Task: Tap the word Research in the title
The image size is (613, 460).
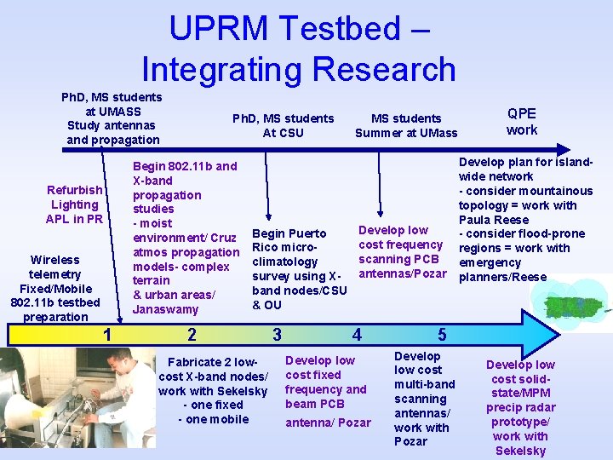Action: [384, 68]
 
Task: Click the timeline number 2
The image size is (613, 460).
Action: [192, 334]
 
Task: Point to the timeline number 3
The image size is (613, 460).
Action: [276, 334]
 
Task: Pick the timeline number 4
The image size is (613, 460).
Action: [357, 334]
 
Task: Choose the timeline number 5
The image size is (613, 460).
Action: [441, 334]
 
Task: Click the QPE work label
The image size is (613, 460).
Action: [522, 122]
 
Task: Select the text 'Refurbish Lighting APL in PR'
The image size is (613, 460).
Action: [75, 204]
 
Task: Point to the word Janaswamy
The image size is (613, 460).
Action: [166, 309]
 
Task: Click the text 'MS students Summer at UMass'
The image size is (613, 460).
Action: [406, 125]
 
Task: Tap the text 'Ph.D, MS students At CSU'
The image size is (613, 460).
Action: [284, 125]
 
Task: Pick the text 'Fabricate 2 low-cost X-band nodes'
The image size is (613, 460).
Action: [213, 370]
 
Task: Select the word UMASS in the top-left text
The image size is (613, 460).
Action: [112, 112]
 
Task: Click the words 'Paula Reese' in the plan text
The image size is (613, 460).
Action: [494, 220]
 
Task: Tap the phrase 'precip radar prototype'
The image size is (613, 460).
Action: [520, 415]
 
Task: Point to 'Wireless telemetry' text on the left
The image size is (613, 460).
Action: [54, 267]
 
